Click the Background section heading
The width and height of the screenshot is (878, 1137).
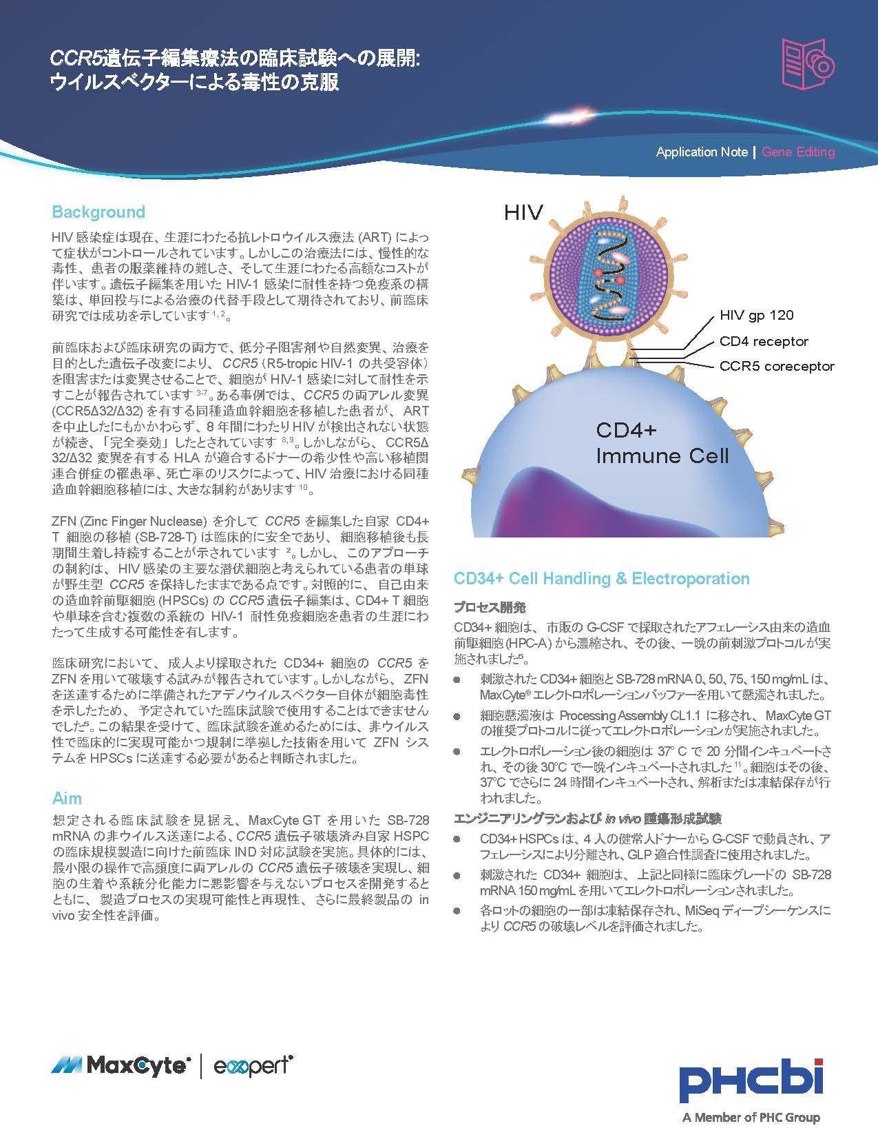coord(98,212)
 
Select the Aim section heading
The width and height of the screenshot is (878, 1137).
coord(67,798)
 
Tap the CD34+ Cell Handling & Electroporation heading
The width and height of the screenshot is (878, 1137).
coord(601,578)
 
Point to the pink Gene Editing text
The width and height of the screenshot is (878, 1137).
coord(798,152)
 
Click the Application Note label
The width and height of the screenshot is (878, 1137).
coord(701,152)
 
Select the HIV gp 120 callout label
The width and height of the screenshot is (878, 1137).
coord(756,315)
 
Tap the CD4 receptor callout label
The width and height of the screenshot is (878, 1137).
coord(764,341)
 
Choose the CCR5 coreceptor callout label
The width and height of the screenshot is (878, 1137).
coord(776,366)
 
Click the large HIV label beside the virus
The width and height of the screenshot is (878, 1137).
coord(523,212)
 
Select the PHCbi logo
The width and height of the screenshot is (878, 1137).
coord(751,1080)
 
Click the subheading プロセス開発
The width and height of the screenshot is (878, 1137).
coord(490,607)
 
